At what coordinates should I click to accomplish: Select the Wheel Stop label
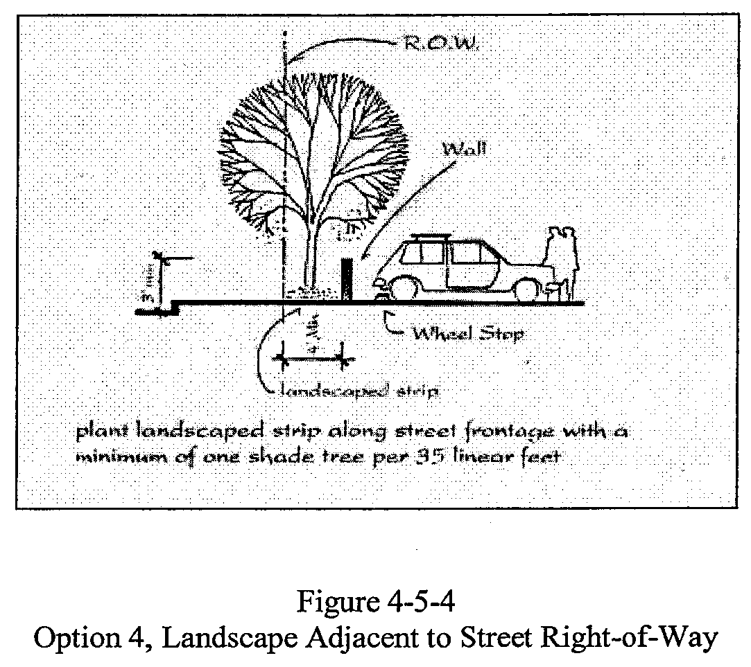[467, 334]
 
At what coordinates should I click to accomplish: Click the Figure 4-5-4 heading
[375, 602]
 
